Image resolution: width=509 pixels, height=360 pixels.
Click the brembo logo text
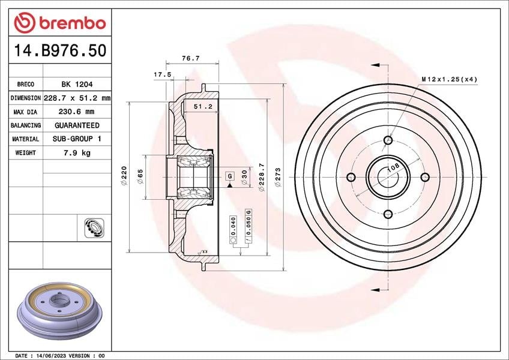pyautogui.click(x=73, y=23)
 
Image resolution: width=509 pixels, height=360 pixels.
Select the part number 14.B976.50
pyautogui.click(x=60, y=50)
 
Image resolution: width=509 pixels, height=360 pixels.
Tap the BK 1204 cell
pyautogui.click(x=77, y=85)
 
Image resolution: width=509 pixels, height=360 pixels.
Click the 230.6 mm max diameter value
pyautogui.click(x=76, y=112)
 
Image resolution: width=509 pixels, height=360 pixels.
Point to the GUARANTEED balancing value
pyautogui.click(x=77, y=125)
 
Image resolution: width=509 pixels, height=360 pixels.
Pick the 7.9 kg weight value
pyautogui.click(x=77, y=152)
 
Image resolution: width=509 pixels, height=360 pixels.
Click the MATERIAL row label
pyautogui.click(x=25, y=139)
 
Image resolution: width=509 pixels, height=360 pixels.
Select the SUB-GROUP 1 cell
pyautogui.click(x=77, y=139)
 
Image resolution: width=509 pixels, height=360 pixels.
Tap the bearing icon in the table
pyautogui.click(x=94, y=227)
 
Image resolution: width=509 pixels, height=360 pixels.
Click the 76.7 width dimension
pyautogui.click(x=190, y=58)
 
